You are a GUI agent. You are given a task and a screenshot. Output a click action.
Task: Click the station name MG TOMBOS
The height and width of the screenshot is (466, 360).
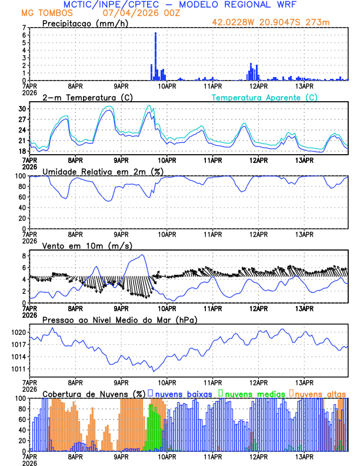(48, 13)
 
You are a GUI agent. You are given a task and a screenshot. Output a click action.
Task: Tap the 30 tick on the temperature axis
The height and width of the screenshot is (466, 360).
(22, 109)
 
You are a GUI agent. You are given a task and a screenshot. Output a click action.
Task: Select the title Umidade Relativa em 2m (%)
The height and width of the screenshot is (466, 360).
(103, 171)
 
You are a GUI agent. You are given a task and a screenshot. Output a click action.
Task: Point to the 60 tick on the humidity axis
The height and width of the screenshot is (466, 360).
(22, 197)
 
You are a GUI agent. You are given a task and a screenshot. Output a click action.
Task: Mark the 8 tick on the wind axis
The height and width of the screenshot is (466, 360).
(24, 256)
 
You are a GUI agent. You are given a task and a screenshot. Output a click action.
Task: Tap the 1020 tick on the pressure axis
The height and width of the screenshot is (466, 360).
(18, 332)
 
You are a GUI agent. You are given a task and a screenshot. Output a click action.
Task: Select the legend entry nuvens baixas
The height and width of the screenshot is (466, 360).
(182, 393)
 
